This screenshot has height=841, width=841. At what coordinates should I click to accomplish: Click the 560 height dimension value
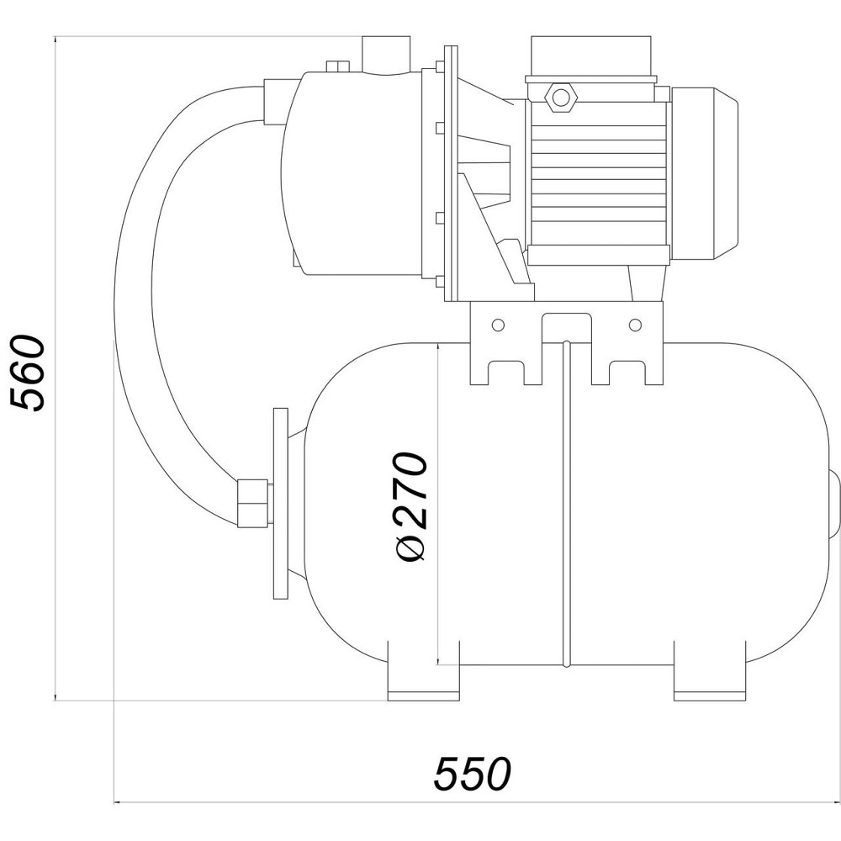31,372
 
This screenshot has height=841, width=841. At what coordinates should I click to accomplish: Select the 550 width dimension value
473,775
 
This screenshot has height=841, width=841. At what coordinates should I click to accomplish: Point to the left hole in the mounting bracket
498,325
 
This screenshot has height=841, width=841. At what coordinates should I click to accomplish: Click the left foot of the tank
423,680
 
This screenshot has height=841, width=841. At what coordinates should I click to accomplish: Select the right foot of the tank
711,680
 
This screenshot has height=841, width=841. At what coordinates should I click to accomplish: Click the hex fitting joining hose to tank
252,503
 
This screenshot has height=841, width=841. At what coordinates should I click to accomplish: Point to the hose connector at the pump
276,100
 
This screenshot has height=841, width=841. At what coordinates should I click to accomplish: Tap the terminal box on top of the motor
590,56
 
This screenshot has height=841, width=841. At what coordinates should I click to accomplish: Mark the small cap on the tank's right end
833,505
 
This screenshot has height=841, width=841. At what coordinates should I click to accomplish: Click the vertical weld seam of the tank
566,505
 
